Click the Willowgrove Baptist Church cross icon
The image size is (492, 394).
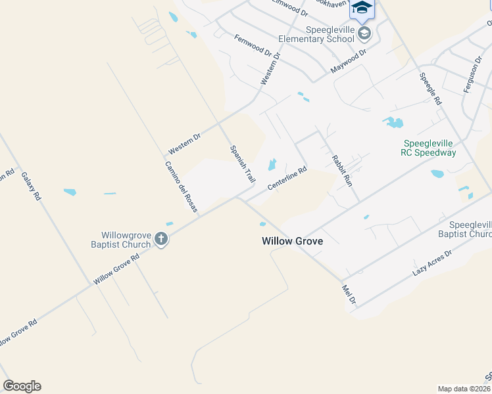[x=161, y=241]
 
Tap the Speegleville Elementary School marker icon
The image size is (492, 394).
[x=364, y=33]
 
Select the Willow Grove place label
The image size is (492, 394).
[x=292, y=241]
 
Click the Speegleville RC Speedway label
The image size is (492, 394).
[x=430, y=148]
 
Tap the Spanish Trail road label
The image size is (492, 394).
[x=242, y=164]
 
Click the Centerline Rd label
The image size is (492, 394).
[x=287, y=179]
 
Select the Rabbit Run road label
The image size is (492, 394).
[x=342, y=170]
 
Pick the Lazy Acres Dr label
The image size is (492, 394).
[x=432, y=262]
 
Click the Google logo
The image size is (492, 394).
[x=22, y=386]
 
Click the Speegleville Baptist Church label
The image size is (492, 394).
[x=464, y=229]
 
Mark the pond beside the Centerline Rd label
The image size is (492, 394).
[x=272, y=164]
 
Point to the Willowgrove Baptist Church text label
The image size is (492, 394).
[x=126, y=240]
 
